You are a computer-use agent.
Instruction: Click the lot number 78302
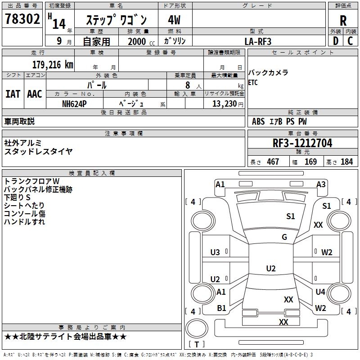click(22, 19)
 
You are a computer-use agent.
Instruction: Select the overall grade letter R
click(343, 21)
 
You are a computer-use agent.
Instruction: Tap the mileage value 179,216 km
click(53, 65)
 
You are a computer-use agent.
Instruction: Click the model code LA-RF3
click(258, 41)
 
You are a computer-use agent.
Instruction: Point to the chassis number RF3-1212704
click(302, 143)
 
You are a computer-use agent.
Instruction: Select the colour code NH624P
click(74, 104)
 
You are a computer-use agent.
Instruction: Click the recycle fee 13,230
click(224, 104)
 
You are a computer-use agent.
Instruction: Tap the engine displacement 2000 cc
click(141, 41)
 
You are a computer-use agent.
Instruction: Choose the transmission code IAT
click(13, 94)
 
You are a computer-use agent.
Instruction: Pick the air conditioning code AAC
click(35, 94)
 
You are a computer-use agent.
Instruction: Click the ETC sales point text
click(253, 82)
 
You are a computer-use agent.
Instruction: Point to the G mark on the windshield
click(284, 237)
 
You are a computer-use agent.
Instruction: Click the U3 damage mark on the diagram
click(215, 252)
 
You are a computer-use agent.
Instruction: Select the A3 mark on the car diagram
click(321, 184)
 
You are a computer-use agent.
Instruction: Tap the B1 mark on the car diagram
click(221, 308)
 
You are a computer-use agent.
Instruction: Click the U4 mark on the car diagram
click(320, 292)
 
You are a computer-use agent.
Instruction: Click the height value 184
click(346, 162)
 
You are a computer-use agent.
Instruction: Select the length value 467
click(273, 162)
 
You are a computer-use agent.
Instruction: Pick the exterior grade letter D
click(335, 41)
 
